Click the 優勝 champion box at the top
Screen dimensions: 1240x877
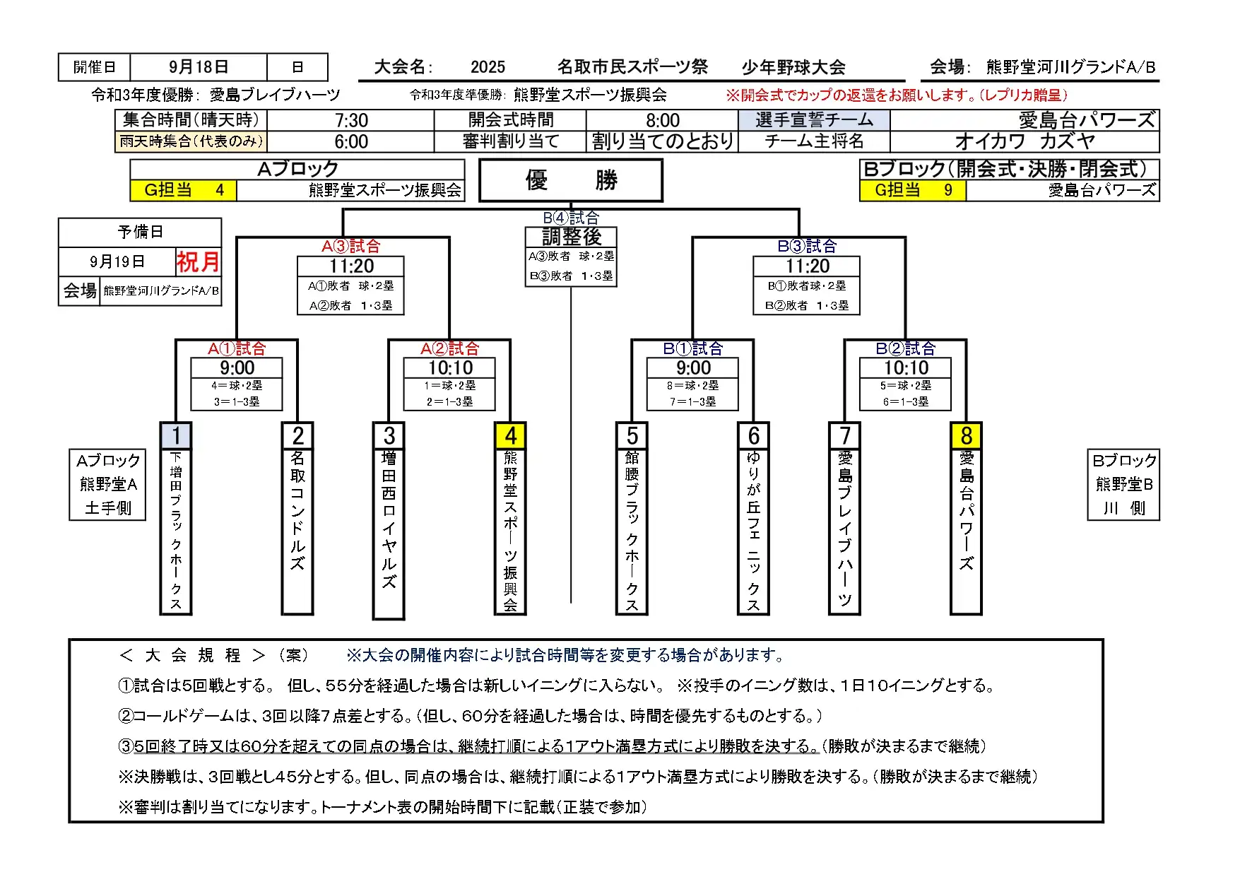point(571,180)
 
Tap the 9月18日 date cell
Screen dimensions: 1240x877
point(199,67)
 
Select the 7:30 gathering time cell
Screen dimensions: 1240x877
point(351,120)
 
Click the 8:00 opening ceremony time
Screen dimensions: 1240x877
point(662,120)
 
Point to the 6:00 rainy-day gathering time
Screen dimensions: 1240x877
point(351,141)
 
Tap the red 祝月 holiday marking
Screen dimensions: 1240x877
point(198,261)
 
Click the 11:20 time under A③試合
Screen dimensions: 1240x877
point(351,266)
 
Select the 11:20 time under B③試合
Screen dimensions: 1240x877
point(807,266)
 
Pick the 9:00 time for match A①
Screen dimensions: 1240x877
point(237,368)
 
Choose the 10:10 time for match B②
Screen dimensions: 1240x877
point(906,368)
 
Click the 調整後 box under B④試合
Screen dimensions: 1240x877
point(571,236)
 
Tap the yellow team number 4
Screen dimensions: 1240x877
point(510,435)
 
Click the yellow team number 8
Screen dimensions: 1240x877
point(966,435)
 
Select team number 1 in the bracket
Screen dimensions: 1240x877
point(176,435)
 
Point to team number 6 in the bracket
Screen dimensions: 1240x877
point(753,435)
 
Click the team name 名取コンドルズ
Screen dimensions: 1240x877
point(297,511)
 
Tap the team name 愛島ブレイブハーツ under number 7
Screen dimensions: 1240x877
point(844,529)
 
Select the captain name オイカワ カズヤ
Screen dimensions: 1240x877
point(1025,141)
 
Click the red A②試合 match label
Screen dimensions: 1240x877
point(449,348)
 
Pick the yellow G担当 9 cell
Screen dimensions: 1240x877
point(913,190)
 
